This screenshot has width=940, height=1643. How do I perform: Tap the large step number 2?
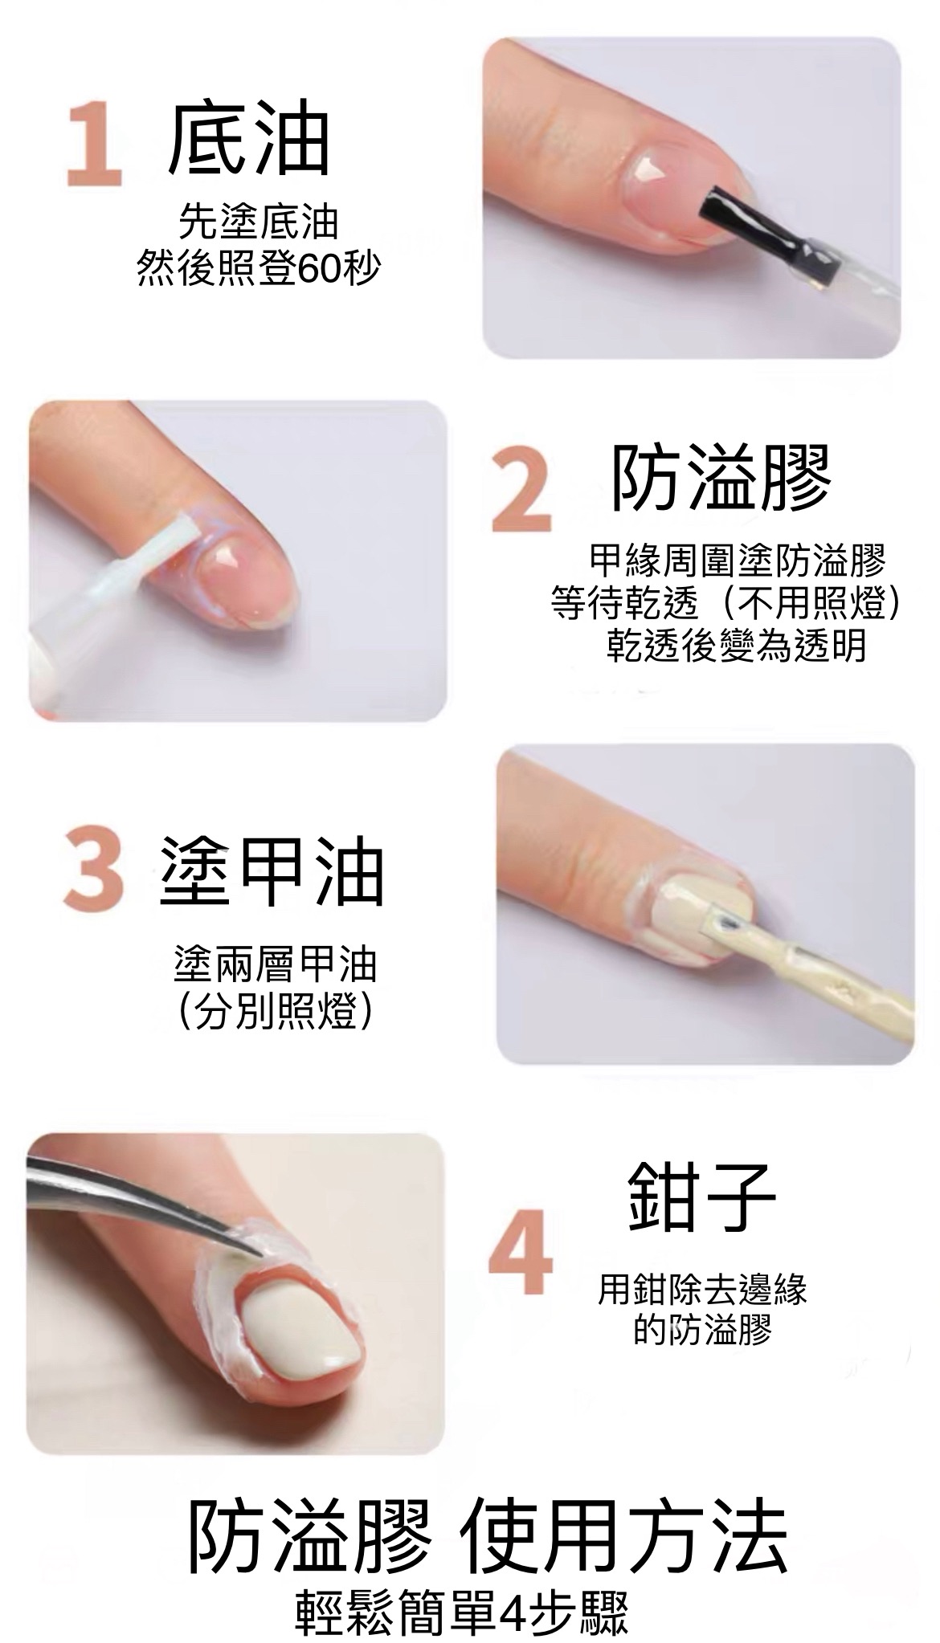point(522,491)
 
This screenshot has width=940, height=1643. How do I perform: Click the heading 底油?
point(250,140)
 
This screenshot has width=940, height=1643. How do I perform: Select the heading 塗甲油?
point(272,871)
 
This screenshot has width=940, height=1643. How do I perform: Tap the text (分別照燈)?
point(274,1013)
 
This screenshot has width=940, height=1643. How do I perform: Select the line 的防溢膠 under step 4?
point(702,1329)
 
